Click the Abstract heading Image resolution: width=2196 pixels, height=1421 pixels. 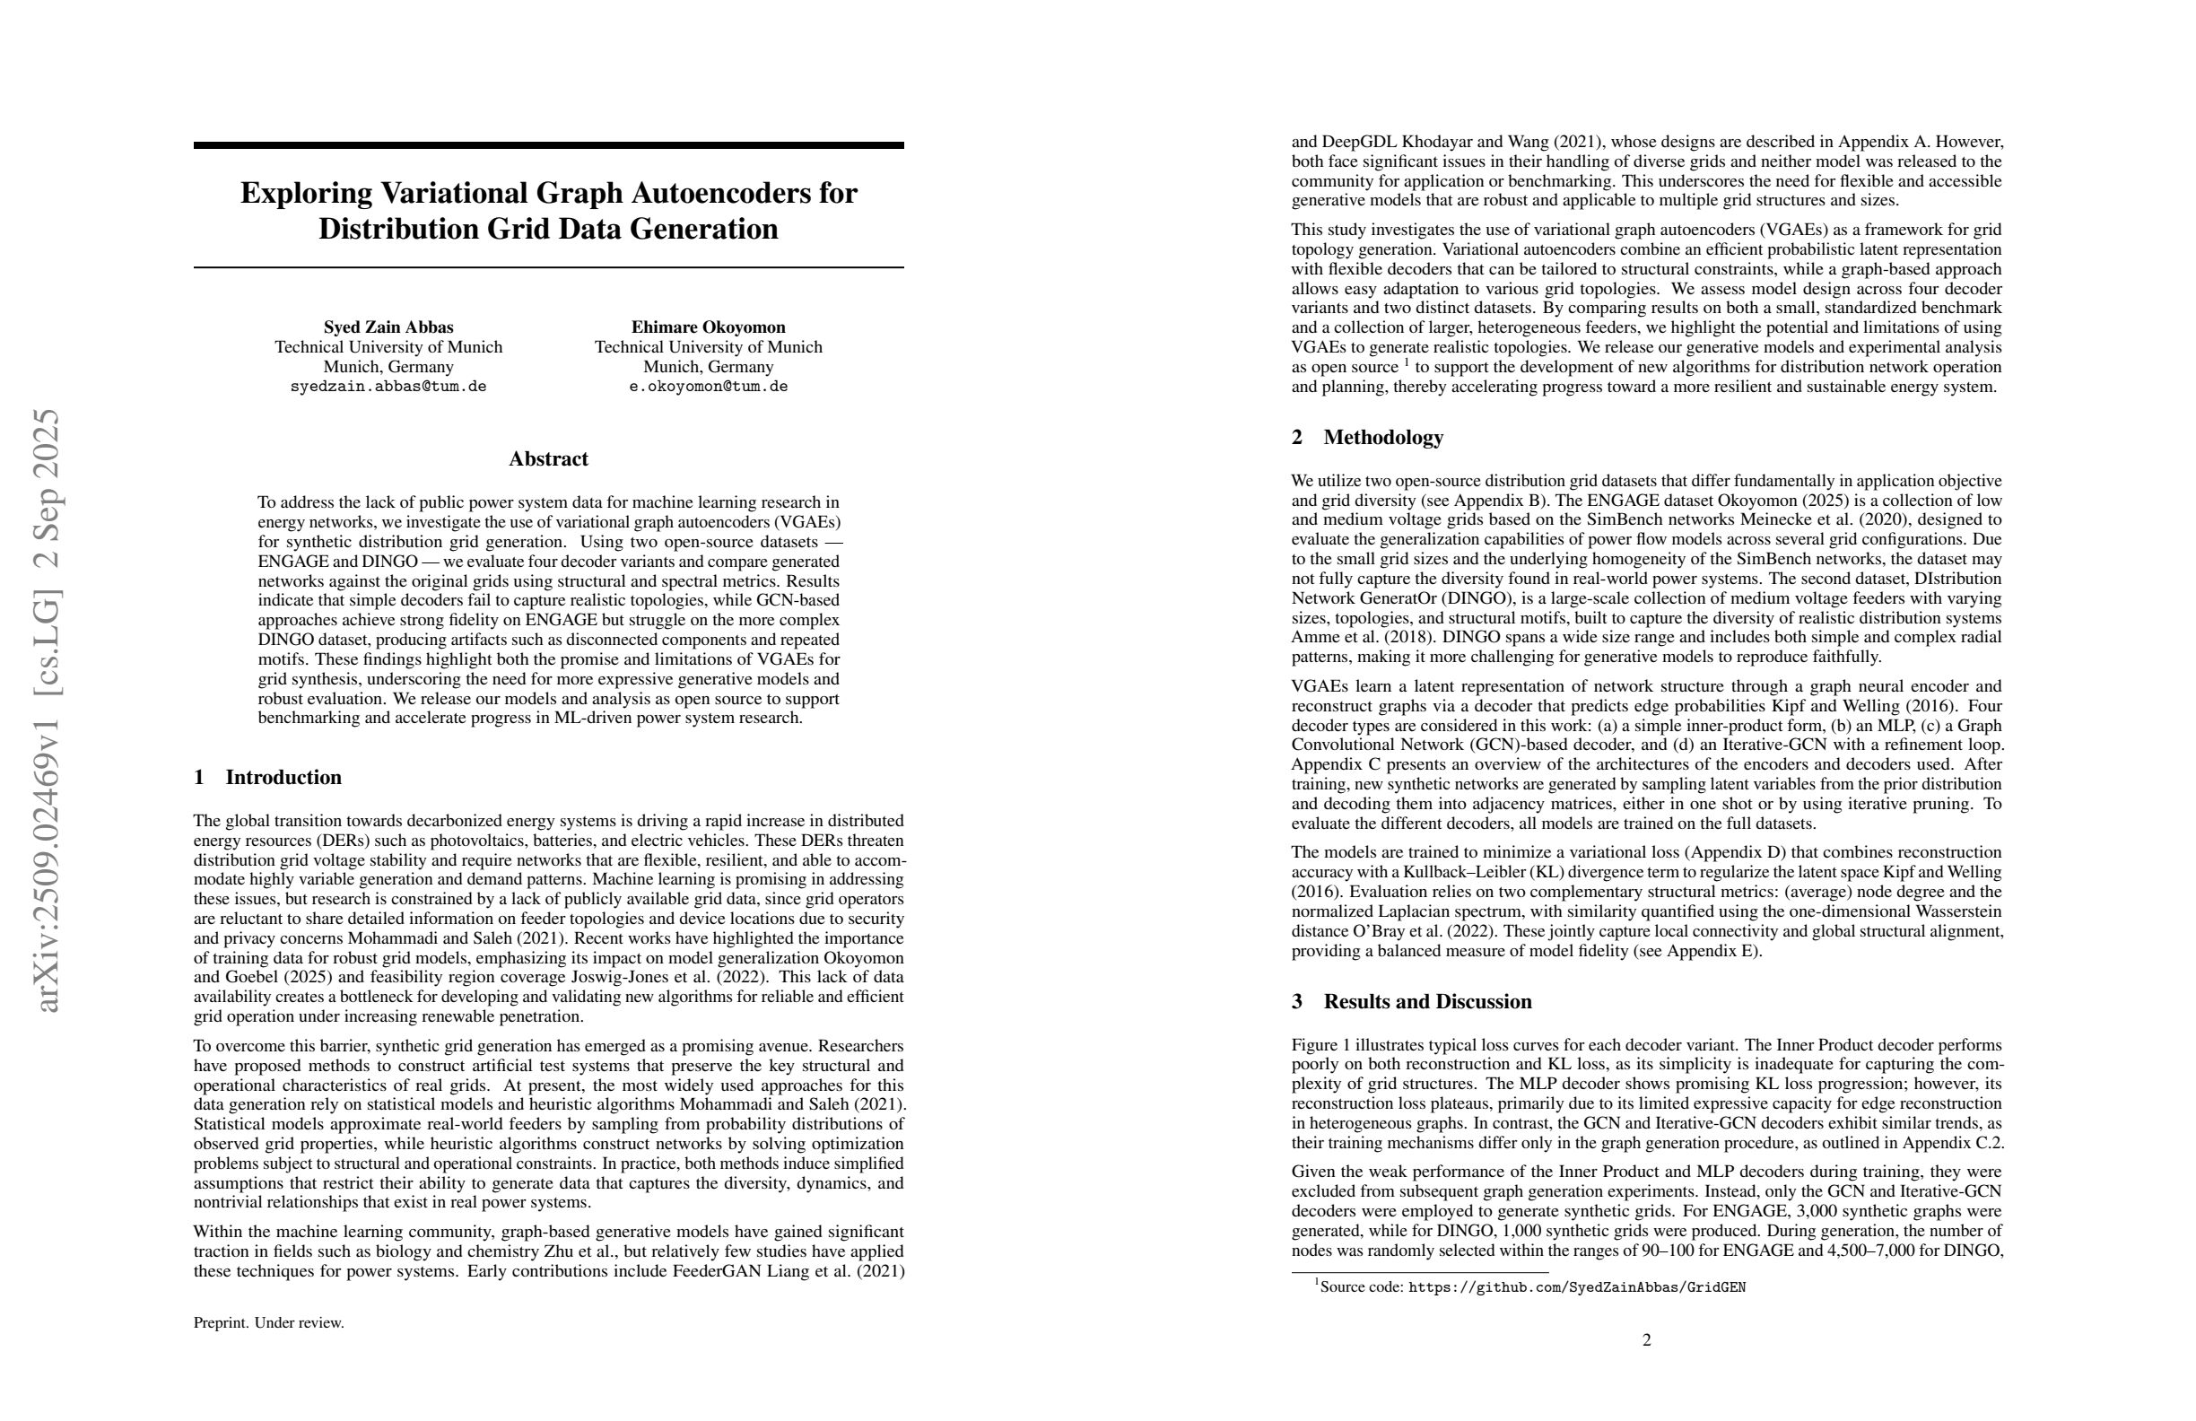click(x=548, y=458)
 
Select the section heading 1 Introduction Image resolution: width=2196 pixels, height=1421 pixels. click(x=267, y=777)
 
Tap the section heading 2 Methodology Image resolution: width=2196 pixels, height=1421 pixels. click(x=1366, y=438)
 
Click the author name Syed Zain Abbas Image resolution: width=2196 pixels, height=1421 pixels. click(x=388, y=327)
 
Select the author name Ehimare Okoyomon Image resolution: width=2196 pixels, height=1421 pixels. click(x=708, y=327)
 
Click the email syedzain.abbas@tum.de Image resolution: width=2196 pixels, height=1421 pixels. click(x=388, y=387)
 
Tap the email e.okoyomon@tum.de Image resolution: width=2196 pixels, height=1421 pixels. click(x=708, y=387)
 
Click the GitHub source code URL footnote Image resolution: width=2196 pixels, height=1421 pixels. click(x=1576, y=1287)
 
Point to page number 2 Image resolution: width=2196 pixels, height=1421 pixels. click(x=1646, y=1339)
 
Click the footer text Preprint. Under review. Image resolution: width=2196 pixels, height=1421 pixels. click(x=268, y=1322)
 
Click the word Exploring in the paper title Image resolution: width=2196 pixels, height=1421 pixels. click(x=305, y=193)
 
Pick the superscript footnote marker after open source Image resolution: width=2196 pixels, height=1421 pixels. click(x=1407, y=362)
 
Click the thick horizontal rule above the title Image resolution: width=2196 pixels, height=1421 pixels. click(x=548, y=144)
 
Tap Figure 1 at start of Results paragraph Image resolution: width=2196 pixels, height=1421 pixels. click(x=1321, y=1044)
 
